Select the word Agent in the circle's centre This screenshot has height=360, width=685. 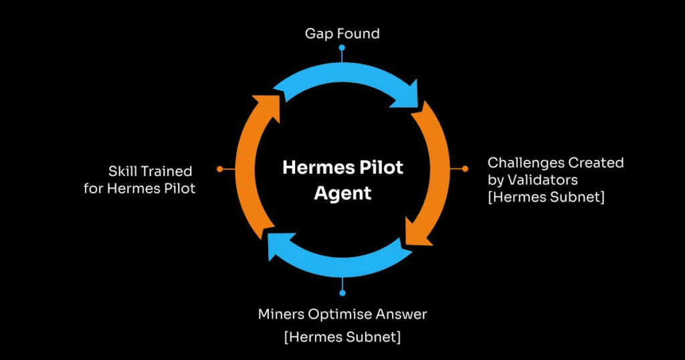coord(342,193)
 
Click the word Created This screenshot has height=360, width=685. coord(596,163)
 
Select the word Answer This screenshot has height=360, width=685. coord(402,314)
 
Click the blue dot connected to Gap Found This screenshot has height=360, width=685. coord(342,48)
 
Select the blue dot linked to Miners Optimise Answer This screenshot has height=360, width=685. coord(342,292)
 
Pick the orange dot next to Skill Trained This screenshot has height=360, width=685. coord(219,169)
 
